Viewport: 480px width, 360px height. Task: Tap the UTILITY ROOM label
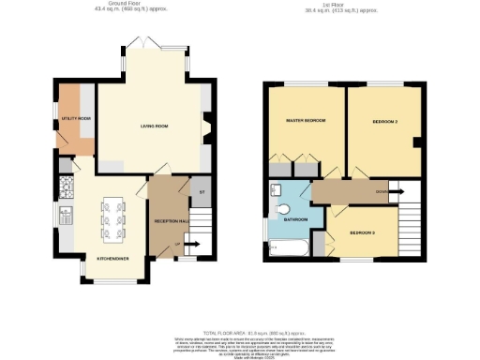77,119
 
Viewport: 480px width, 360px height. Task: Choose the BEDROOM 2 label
380,121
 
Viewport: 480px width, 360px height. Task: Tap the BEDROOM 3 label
363,232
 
